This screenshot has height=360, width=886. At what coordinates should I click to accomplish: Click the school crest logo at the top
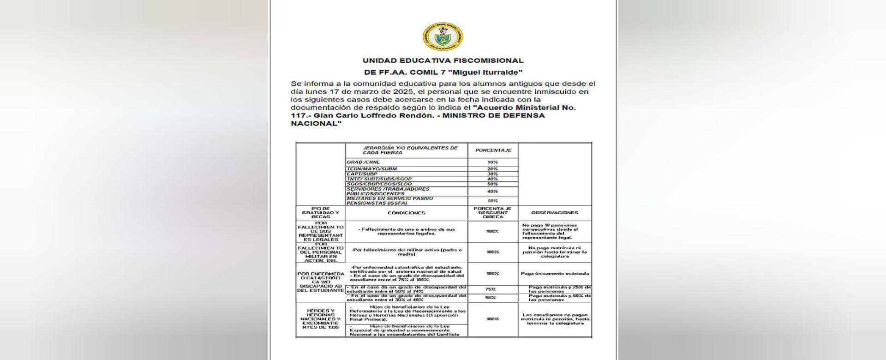click(443, 37)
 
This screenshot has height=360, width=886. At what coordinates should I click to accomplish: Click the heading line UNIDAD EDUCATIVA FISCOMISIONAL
click(443, 60)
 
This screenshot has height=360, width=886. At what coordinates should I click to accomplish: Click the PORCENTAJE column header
click(493, 150)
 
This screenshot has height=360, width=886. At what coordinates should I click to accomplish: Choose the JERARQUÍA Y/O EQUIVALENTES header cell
click(406, 150)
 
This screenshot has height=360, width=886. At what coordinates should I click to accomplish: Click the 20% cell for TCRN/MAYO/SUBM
click(492, 169)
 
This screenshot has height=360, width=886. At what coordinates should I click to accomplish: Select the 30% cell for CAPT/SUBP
click(492, 174)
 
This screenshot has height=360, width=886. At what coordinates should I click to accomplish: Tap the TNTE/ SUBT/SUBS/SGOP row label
click(379, 179)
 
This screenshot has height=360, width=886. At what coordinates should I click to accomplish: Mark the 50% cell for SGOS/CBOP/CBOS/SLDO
click(492, 184)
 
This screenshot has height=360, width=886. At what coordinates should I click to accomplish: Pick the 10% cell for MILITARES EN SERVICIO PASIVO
click(492, 201)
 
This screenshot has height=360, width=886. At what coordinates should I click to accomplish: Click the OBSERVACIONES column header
click(554, 213)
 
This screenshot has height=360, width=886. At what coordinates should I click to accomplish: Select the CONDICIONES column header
click(407, 213)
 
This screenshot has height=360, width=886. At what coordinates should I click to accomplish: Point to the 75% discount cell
click(491, 289)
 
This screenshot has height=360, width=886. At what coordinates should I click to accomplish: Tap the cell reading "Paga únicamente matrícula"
click(555, 274)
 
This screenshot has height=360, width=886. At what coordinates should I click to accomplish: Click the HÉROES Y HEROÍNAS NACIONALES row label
click(320, 319)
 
